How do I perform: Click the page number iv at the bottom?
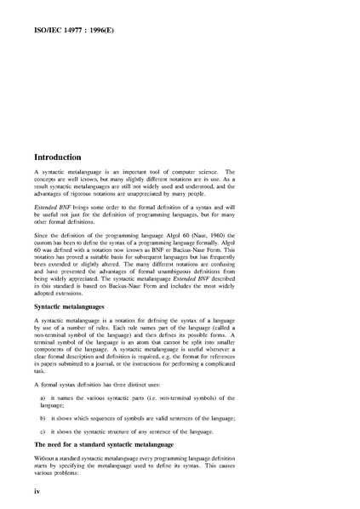point(37,492)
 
